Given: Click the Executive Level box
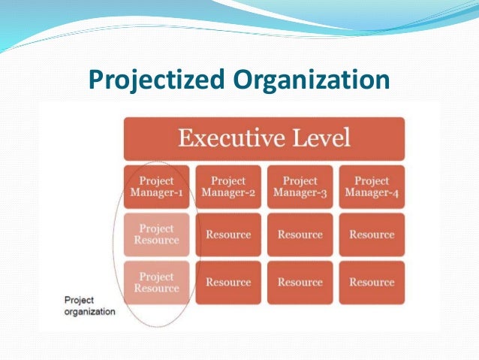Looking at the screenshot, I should tap(264, 138).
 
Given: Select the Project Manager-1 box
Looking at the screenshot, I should tap(156, 187).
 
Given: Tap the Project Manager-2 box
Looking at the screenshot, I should tap(228, 187).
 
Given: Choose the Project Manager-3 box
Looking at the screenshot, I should tap(300, 187).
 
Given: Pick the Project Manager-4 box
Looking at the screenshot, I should tap(372, 187).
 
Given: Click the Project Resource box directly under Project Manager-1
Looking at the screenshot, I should tap(156, 234).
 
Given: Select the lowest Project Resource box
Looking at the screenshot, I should tap(156, 283).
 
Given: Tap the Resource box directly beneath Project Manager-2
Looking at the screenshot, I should tap(228, 234).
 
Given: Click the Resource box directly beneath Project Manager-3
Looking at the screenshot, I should tap(300, 234).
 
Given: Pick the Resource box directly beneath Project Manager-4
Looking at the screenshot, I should tap(372, 234).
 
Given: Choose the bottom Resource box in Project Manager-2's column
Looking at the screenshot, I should tap(228, 283).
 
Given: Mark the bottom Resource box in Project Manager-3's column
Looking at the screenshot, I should tap(300, 283).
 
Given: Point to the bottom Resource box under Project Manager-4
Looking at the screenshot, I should tap(372, 283).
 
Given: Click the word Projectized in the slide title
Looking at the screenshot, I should tap(152, 80).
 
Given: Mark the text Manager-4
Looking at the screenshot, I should tap(372, 194).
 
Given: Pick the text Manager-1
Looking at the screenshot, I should tap(156, 194).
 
